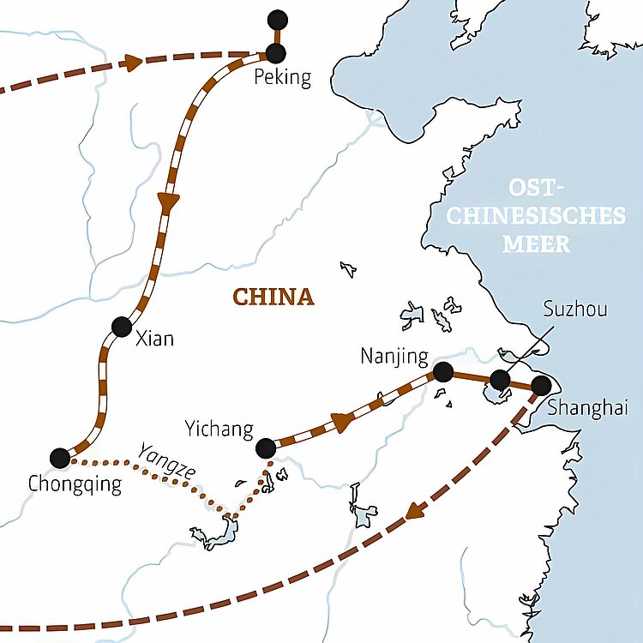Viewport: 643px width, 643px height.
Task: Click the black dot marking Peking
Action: [x=276, y=53]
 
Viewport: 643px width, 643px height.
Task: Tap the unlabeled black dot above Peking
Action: [x=277, y=20]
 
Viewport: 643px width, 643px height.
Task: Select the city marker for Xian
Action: [x=121, y=327]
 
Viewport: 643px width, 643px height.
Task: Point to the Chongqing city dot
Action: [x=60, y=458]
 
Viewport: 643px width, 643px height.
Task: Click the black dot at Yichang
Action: [x=266, y=448]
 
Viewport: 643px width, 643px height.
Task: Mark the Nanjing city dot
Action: [x=443, y=372]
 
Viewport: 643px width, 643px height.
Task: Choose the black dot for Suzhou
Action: [x=500, y=380]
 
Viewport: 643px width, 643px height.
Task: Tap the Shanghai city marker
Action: [x=541, y=386]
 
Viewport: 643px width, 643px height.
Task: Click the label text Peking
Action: [x=283, y=79]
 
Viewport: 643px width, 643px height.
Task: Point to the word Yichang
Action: [x=219, y=429]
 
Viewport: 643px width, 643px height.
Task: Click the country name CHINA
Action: [x=273, y=297]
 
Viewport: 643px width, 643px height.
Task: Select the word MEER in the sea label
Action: [x=536, y=243]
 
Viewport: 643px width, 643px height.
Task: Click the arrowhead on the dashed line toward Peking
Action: [x=132, y=62]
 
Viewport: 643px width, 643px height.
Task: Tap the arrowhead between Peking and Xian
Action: [x=168, y=203]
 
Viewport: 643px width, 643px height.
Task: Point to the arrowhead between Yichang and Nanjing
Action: [x=343, y=422]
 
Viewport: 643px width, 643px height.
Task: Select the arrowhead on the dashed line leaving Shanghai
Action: [x=415, y=510]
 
